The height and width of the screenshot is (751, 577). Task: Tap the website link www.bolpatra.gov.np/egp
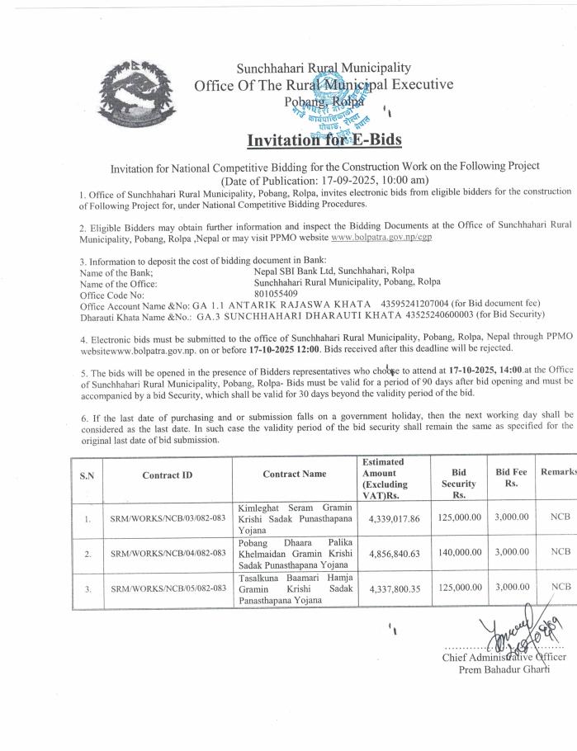pyautogui.click(x=387, y=237)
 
